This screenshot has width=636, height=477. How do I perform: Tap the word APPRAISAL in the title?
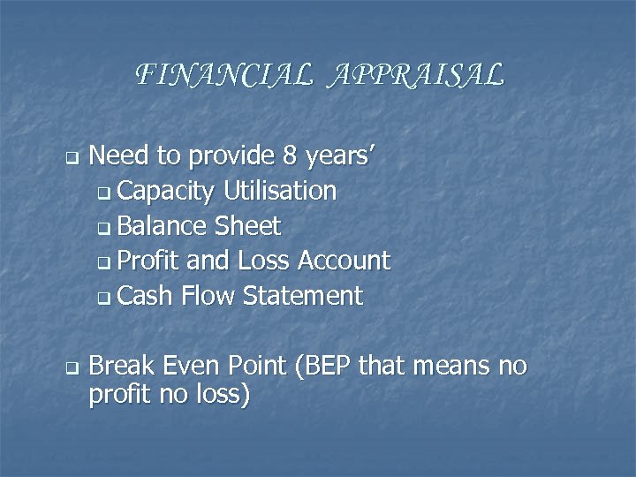click(x=417, y=76)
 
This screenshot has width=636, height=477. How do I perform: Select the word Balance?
click(x=163, y=226)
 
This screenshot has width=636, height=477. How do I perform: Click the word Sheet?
click(x=250, y=226)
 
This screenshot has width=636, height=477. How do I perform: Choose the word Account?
click(x=344, y=261)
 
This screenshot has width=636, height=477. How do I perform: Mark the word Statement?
click(x=302, y=296)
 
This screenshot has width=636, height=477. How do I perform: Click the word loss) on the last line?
click(x=218, y=396)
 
